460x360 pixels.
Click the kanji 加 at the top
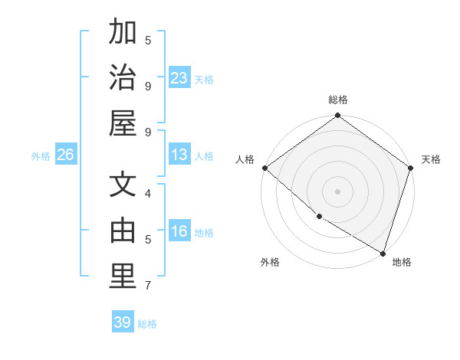tap(123, 33)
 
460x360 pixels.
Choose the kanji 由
tap(123, 231)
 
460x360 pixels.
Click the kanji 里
tap(123, 277)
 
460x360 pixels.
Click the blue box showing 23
tap(179, 77)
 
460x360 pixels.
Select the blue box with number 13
tap(179, 155)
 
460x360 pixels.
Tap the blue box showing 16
tap(179, 232)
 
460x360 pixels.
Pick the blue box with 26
tap(65, 155)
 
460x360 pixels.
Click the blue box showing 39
tap(123, 322)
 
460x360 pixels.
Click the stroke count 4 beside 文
tap(148, 194)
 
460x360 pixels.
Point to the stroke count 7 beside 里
tap(148, 286)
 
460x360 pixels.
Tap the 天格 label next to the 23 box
tap(204, 79)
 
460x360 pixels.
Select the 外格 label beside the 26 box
tap(41, 156)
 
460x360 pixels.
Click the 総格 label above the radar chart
tap(338, 100)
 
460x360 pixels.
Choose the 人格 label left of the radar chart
tap(245, 159)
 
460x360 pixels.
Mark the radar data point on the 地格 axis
tap(383, 252)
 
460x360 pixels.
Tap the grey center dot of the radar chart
tap(337, 191)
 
